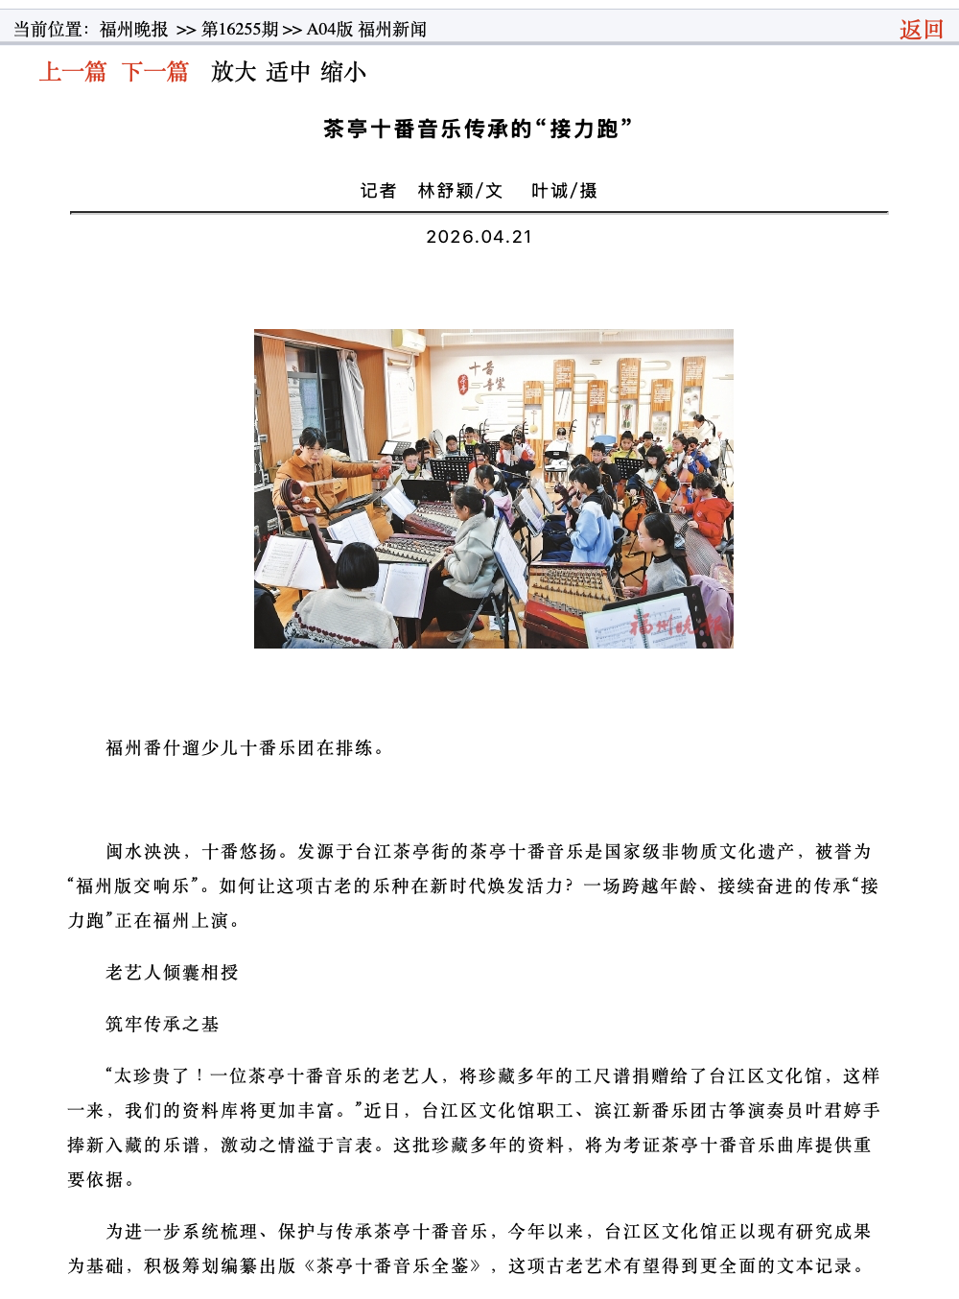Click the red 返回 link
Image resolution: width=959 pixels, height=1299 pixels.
pyautogui.click(x=921, y=30)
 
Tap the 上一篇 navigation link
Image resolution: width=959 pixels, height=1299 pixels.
pyautogui.click(x=73, y=72)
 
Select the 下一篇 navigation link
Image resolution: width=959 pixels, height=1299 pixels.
pyautogui.click(x=155, y=72)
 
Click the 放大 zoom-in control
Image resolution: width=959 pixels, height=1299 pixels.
pyautogui.click(x=234, y=72)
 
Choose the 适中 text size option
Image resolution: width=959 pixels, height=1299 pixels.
pyautogui.click(x=289, y=72)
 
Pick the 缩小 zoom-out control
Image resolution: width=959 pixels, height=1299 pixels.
pyautogui.click(x=343, y=72)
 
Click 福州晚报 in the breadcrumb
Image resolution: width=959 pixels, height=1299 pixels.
pyautogui.click(x=134, y=30)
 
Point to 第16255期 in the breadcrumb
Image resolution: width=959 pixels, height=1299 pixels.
pyautogui.click(x=239, y=30)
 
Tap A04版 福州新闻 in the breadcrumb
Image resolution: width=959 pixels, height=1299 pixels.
pyautogui.click(x=366, y=30)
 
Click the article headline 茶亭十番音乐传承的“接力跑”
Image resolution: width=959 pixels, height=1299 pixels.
pyautogui.click(x=479, y=129)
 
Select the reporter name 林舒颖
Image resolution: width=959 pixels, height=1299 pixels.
pyautogui.click(x=446, y=191)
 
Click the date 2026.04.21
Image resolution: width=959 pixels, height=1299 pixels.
pyautogui.click(x=479, y=237)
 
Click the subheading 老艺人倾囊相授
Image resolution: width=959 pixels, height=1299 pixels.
pyautogui.click(x=172, y=973)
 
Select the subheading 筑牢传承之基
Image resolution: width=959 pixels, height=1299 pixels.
pyautogui.click(x=162, y=1025)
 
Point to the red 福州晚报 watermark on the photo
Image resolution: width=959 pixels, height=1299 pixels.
pyautogui.click(x=676, y=626)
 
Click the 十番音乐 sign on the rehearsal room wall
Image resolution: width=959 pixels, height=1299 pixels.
pyautogui.click(x=482, y=377)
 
